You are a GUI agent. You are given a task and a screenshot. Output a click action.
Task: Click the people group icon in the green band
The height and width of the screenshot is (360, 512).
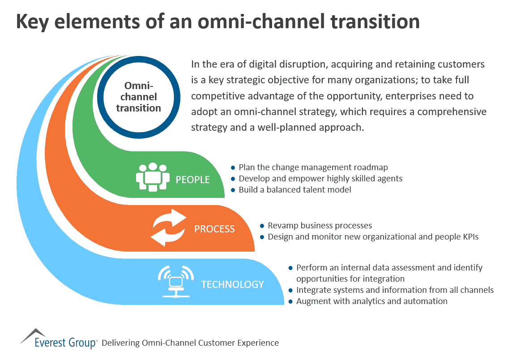pyautogui.click(x=153, y=177)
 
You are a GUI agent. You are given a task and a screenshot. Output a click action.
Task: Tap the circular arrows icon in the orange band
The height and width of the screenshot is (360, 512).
pyautogui.click(x=168, y=228)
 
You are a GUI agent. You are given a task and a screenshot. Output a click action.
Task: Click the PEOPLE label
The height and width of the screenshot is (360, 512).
pyautogui.click(x=192, y=180)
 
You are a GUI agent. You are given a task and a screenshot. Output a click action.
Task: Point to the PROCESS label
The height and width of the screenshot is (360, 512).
pyautogui.click(x=214, y=229)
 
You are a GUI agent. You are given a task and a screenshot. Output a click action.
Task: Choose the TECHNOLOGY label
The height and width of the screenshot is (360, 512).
pyautogui.click(x=232, y=284)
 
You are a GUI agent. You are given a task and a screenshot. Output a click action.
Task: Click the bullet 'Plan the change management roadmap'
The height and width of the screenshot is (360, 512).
pyautogui.click(x=313, y=167)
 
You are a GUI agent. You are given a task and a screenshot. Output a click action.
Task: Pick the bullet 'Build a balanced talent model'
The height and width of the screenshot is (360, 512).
pyautogui.click(x=294, y=190)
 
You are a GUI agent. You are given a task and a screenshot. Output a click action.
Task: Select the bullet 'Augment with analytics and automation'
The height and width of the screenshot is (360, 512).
pyautogui.click(x=371, y=301)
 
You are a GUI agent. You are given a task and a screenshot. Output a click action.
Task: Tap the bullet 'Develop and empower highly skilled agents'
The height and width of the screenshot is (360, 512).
pyautogui.click(x=320, y=179)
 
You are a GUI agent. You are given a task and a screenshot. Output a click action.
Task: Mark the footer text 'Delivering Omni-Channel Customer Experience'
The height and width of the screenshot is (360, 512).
pyautogui.click(x=190, y=343)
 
